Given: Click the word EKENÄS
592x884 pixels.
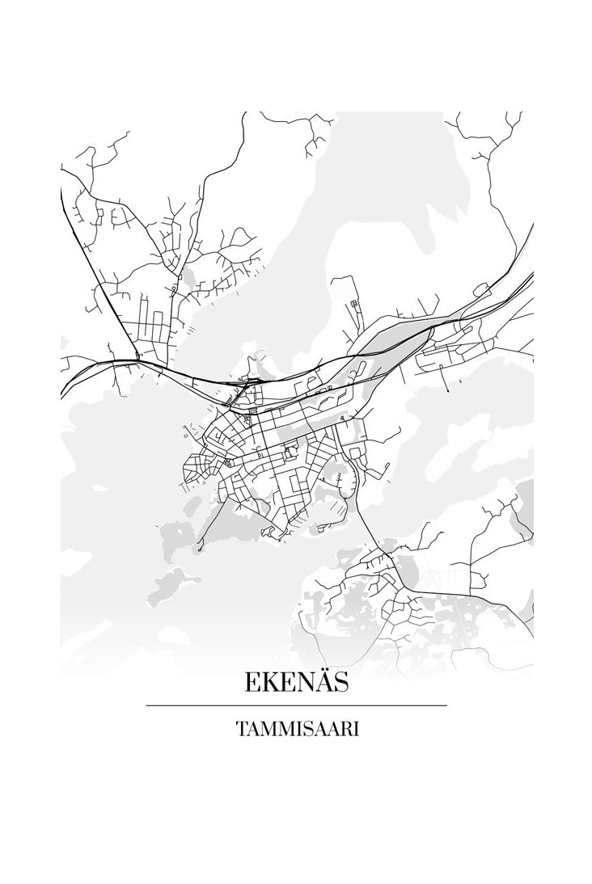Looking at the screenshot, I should coord(296,684).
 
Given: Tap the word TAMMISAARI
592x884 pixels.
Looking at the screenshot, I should coord(297,728).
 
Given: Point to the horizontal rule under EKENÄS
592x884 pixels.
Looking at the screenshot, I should coord(296,705).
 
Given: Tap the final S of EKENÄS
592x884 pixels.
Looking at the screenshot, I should coord(340,684).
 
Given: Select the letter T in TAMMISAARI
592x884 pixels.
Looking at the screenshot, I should coord(241,728).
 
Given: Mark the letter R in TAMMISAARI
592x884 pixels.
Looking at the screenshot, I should coord(346,728).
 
